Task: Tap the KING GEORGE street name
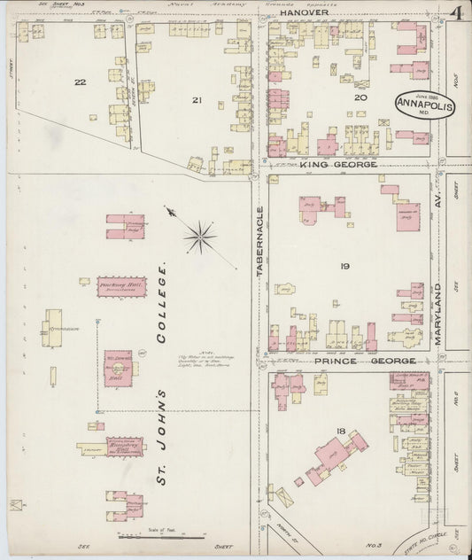click(x=338, y=165)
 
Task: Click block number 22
click(x=80, y=82)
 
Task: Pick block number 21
click(x=197, y=100)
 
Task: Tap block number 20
click(x=360, y=97)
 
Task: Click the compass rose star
click(x=202, y=236)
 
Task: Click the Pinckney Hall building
click(x=121, y=287)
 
